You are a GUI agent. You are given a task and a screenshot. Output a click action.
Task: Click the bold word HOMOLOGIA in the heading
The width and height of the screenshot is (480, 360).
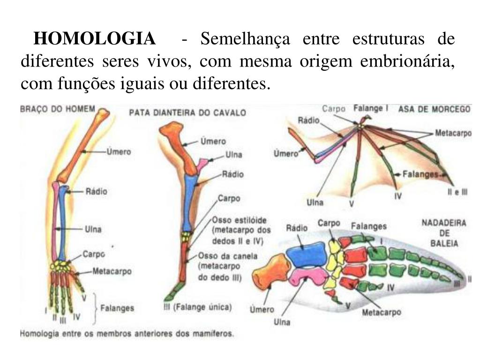pyautogui.click(x=95, y=38)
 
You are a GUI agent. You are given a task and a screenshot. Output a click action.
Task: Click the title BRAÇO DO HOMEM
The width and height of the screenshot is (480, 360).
pyautogui.click(x=58, y=109)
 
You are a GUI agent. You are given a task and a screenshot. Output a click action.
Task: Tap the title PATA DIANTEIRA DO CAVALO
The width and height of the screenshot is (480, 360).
pyautogui.click(x=187, y=113)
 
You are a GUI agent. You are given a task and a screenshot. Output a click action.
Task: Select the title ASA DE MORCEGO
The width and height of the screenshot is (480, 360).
pyautogui.click(x=434, y=109)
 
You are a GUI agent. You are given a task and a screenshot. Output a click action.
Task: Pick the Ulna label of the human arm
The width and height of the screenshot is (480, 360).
pyautogui.click(x=93, y=229)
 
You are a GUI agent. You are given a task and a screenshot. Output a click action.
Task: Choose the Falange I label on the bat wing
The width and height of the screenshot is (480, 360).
pyautogui.click(x=370, y=107)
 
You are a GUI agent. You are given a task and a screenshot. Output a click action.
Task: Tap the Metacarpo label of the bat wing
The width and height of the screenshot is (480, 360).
pyautogui.click(x=453, y=133)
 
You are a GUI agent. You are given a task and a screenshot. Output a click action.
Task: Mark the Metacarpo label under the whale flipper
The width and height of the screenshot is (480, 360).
pyautogui.click(x=381, y=312)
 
